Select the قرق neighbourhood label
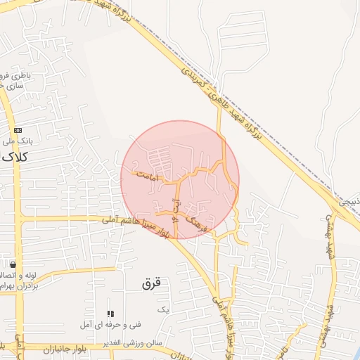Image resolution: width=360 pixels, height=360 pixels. coord(151,283)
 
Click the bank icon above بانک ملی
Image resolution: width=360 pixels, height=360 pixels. coord(18,131)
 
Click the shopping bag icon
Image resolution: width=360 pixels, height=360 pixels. coord(13,265)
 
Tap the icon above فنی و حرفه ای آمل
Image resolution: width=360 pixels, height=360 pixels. coord(110,314)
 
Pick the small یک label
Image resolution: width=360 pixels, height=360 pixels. coord(164,309)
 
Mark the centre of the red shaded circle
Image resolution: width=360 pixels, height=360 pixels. coord(180,180)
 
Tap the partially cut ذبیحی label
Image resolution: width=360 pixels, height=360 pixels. coord(349,202)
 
